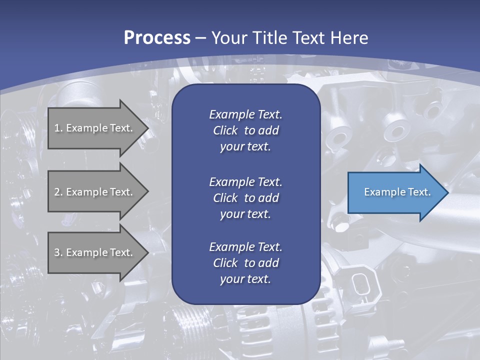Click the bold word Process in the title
coord(157,38)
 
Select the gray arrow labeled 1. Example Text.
coord(95,128)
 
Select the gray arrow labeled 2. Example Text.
coord(95,192)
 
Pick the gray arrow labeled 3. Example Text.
coord(95,252)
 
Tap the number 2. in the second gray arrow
coord(58,192)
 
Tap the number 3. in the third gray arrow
coord(58,252)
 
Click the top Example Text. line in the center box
coord(245,114)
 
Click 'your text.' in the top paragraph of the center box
coord(245,147)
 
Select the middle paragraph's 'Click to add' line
coord(245,198)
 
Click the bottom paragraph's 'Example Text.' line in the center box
coord(245,247)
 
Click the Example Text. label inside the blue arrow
coord(397,192)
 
